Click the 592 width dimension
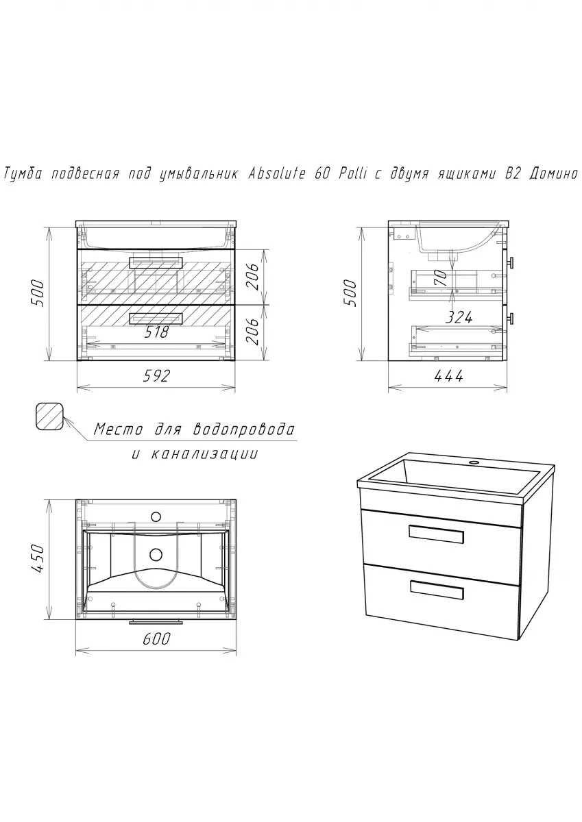(x=157, y=376)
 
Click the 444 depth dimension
(x=448, y=376)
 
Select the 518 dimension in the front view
(x=156, y=332)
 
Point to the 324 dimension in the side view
(x=459, y=317)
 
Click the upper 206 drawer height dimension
(x=253, y=277)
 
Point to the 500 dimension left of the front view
(x=38, y=294)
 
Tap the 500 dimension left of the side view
(x=350, y=294)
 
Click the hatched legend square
(x=49, y=416)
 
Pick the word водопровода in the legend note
(x=244, y=429)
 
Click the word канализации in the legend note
(x=204, y=455)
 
